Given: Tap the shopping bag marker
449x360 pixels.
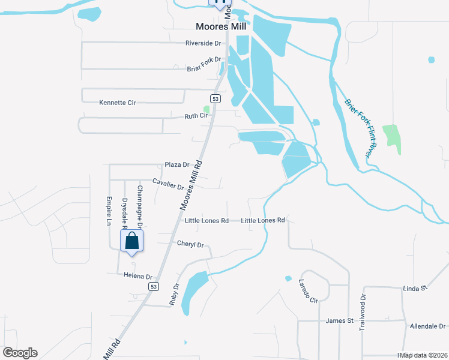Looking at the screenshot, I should (x=132, y=242).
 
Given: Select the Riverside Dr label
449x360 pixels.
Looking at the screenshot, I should (x=203, y=43).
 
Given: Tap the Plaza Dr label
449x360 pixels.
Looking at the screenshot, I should (x=177, y=164).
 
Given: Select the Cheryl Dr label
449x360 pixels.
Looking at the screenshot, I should (x=191, y=244).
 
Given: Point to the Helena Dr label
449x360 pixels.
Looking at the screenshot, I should (x=139, y=276).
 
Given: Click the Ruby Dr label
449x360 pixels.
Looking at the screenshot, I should (x=174, y=294).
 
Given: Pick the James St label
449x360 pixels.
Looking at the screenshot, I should (x=339, y=321).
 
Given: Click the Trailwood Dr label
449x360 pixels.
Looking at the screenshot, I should (x=362, y=313).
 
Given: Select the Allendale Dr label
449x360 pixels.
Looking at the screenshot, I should (x=426, y=326).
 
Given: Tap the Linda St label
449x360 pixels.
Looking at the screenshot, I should (x=414, y=288).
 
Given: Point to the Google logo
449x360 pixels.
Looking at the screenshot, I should (x=20, y=353).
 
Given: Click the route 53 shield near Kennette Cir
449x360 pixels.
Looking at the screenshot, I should (x=215, y=98).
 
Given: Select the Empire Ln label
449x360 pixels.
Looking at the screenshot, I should (x=109, y=211).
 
